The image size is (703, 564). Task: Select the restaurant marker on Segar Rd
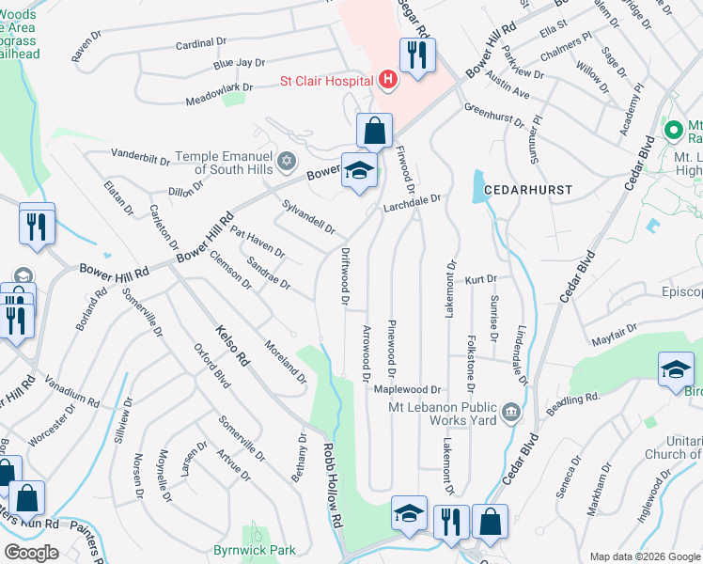tap(416, 54)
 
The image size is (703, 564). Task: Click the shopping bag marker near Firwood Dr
tap(374, 130)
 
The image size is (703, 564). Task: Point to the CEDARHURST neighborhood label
tap(528, 189)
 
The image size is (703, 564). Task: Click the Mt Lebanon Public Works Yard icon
tap(510, 410)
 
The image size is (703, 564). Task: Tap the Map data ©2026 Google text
tap(645, 556)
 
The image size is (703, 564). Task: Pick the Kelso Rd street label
tap(231, 345)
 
